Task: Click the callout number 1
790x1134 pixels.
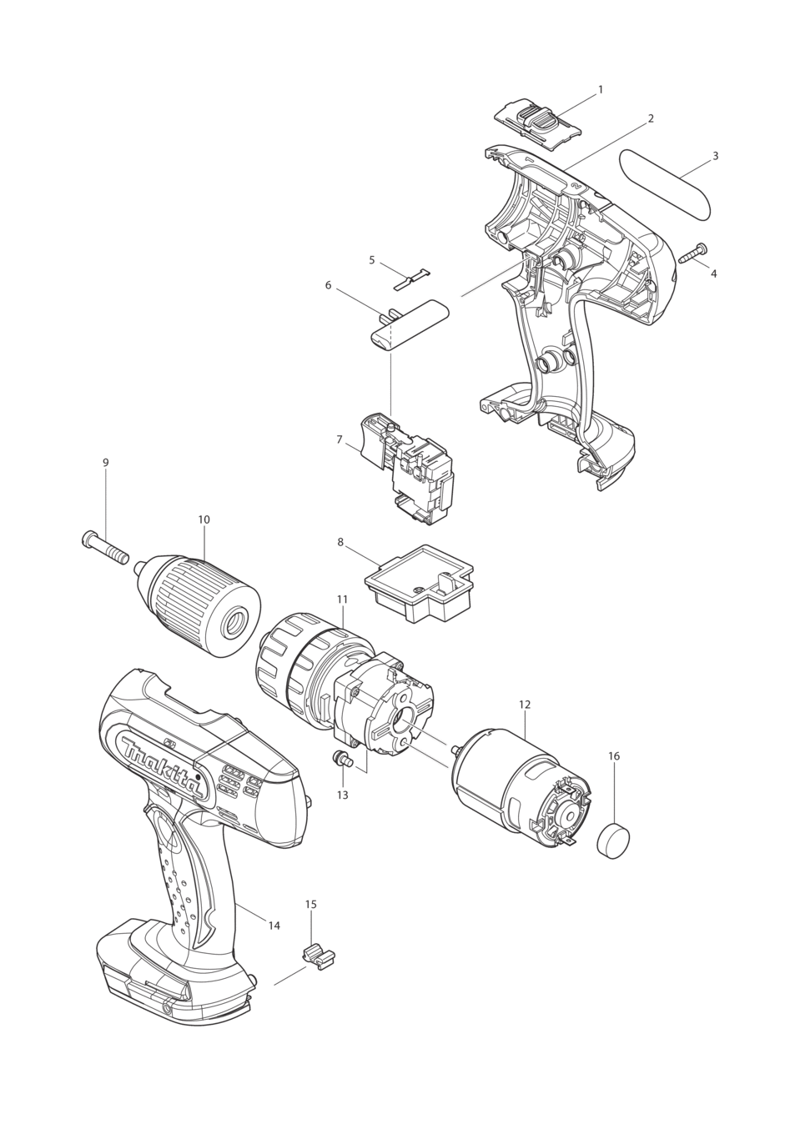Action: (601, 89)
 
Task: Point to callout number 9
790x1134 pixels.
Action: (105, 463)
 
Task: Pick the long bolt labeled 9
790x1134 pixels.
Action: (105, 551)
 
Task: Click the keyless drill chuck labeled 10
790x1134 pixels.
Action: (199, 606)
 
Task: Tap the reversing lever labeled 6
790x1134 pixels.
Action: (410, 323)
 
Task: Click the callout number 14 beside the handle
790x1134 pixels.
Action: (274, 925)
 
